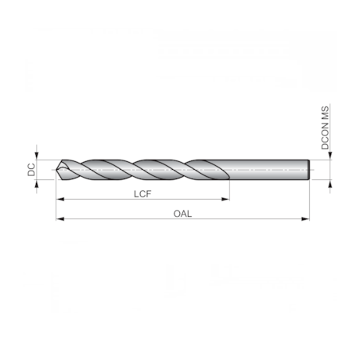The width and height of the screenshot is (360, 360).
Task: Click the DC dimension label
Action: pyautogui.click(x=31, y=169)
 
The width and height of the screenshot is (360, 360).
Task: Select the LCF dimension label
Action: pyautogui.click(x=142, y=194)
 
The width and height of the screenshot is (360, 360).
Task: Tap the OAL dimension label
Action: pyautogui.click(x=182, y=214)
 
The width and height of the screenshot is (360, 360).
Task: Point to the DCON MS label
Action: pyautogui.click(x=325, y=128)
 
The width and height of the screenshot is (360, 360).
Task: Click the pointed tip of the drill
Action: pyautogui.click(x=56, y=170)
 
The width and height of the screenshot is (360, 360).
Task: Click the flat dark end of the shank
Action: pyautogui.click(x=308, y=170)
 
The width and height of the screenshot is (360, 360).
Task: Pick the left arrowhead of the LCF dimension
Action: pyautogui.click(x=60, y=200)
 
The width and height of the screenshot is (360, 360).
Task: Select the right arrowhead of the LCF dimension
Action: pyautogui.click(x=225, y=200)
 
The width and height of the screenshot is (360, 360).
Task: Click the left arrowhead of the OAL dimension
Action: pyautogui.click(x=60, y=219)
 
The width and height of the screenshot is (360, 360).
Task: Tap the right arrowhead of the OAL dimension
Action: pyautogui.click(x=305, y=219)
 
